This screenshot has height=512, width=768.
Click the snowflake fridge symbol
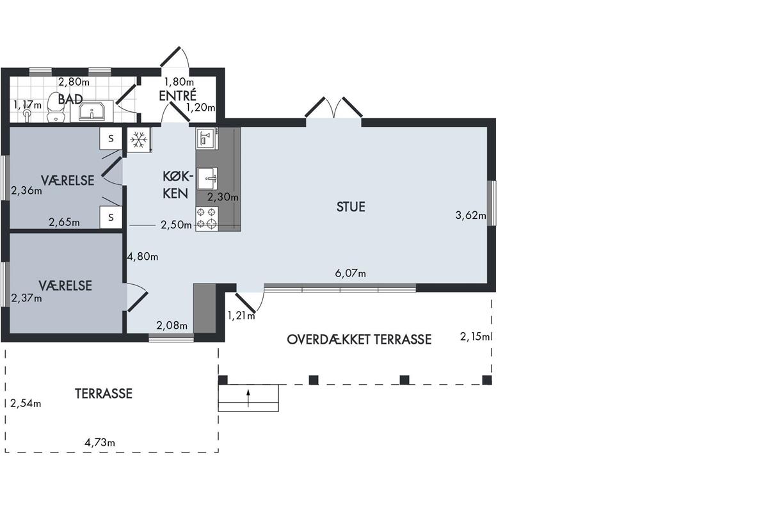(x=139, y=140)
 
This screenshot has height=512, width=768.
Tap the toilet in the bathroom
(x=56, y=107)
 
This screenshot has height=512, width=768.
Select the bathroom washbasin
(x=92, y=111)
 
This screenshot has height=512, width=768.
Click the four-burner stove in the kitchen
(x=207, y=218)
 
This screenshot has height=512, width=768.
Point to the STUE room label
(x=351, y=207)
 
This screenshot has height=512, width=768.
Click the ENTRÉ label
(x=178, y=95)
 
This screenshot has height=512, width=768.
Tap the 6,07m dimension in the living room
(x=351, y=273)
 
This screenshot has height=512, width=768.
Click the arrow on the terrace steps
(x=248, y=398)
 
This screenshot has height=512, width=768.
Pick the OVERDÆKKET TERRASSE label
(x=359, y=339)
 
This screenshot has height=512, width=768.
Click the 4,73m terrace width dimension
(x=100, y=443)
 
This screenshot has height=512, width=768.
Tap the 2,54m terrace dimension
(x=26, y=403)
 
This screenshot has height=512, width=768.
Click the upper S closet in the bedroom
(x=111, y=138)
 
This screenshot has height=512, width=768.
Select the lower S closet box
(x=111, y=218)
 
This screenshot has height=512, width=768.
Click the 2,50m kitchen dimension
(x=176, y=225)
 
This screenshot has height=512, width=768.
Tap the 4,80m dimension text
(x=143, y=257)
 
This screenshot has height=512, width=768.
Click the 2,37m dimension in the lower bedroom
(x=26, y=298)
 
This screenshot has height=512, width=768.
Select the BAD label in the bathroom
(x=70, y=99)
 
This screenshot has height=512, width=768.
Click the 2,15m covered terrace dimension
(x=474, y=337)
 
